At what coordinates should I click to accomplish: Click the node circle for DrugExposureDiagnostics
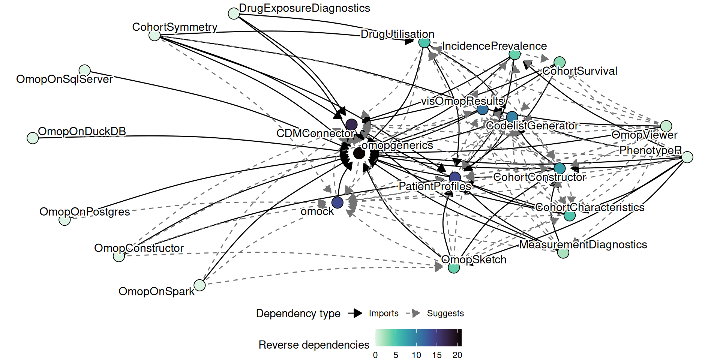point(234,14)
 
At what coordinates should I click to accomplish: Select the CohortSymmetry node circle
point(154,36)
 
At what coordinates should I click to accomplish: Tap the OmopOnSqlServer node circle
point(85,70)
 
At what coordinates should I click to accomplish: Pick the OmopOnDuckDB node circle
point(33,138)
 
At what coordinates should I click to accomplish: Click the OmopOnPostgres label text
point(85,212)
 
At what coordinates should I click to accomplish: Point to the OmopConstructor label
point(139,248)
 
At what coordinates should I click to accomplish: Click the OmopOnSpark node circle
point(200,285)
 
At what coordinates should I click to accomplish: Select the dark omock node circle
point(337,202)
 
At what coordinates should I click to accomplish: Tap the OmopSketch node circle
point(454,268)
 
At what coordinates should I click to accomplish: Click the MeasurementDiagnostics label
point(583,245)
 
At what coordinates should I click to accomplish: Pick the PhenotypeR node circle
point(687,157)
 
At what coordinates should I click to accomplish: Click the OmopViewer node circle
point(666,126)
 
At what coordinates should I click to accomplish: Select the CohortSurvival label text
point(580,71)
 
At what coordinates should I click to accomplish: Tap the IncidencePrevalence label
point(494,46)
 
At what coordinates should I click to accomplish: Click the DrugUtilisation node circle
point(424,43)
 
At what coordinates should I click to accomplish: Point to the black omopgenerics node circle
point(359,153)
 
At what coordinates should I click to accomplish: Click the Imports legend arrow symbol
point(355,313)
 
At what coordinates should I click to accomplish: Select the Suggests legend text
point(445,313)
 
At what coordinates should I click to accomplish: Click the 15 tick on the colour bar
point(437,355)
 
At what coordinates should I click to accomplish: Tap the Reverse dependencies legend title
point(314,345)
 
